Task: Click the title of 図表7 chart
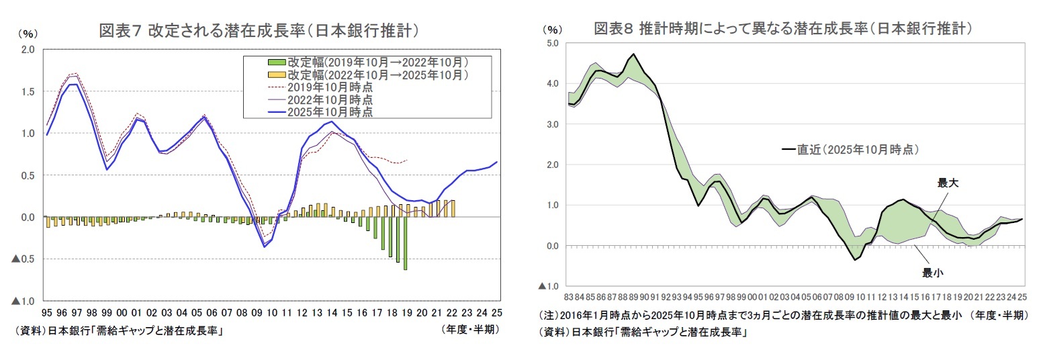click(x=260, y=30)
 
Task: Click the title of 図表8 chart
click(x=784, y=28)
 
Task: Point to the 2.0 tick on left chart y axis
click(x=28, y=49)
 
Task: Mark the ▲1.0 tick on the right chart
click(x=548, y=286)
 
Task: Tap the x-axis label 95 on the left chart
click(x=47, y=313)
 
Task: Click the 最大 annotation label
click(x=948, y=182)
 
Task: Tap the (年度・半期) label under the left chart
click(x=470, y=330)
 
